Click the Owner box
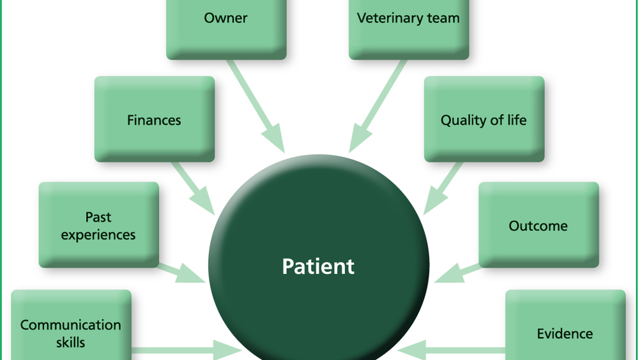pos(226,29)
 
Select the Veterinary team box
pos(409,29)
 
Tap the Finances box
pos(155,119)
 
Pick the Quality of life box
pos(484,119)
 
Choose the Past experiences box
pos(99,225)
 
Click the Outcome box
pos(539,225)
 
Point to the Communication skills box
pos(71,325)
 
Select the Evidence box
pos(565,325)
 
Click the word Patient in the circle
pos(318,266)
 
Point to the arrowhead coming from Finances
pos(203,202)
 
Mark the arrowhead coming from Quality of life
pos(435,202)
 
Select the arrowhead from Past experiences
pos(189,274)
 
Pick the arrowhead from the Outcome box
pos(450,274)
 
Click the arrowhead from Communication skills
pos(227,350)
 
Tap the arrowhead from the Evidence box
pos(411,350)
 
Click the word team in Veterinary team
pos(443,18)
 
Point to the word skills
pos(71,343)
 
